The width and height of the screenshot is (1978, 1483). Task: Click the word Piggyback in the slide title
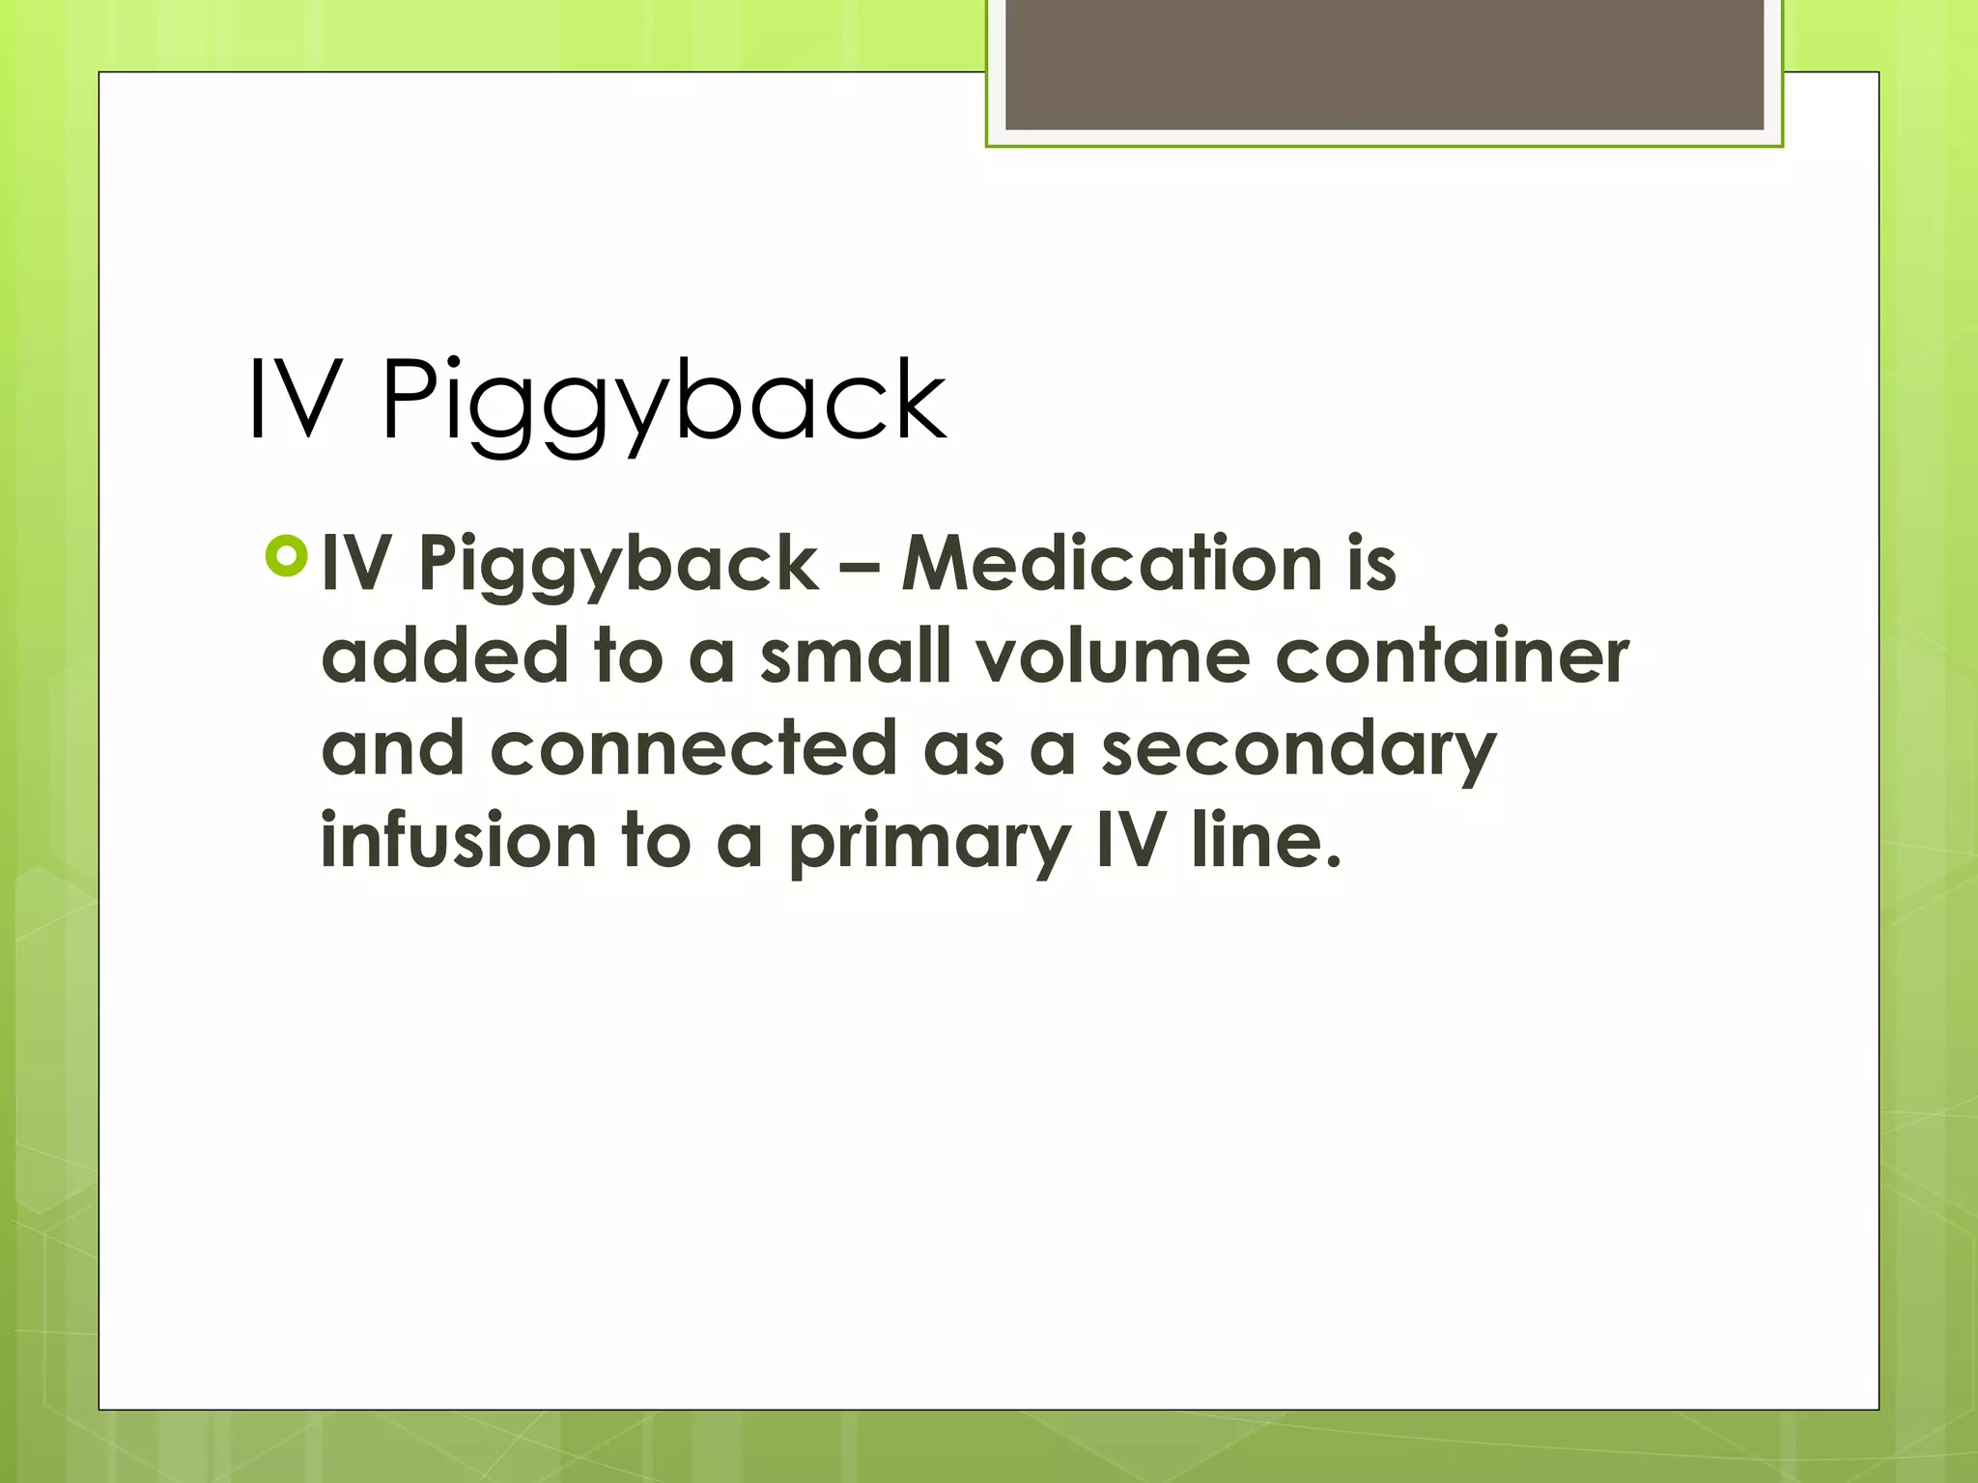pyautogui.click(x=664, y=402)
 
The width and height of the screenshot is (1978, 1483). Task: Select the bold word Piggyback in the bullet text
pyautogui.click(x=618, y=566)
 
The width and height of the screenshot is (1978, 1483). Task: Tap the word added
pyautogui.click(x=444, y=657)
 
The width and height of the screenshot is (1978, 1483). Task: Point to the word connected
pyautogui.click(x=693, y=748)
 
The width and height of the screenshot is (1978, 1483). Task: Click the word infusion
pyautogui.click(x=459, y=840)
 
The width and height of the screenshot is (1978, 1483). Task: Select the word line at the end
pyautogui.click(x=1265, y=840)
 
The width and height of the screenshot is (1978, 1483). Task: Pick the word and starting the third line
pyautogui.click(x=393, y=748)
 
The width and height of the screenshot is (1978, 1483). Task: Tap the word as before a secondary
pyautogui.click(x=963, y=751)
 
